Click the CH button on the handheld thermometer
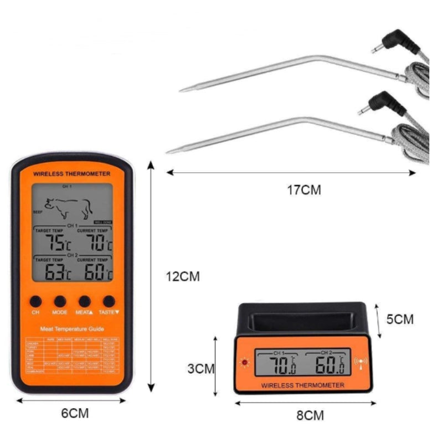(35, 301)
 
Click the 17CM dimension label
(303, 190)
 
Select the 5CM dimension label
(400, 319)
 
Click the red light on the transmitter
(244, 363)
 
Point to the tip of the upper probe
(182, 90)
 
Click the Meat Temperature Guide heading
(72, 329)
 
